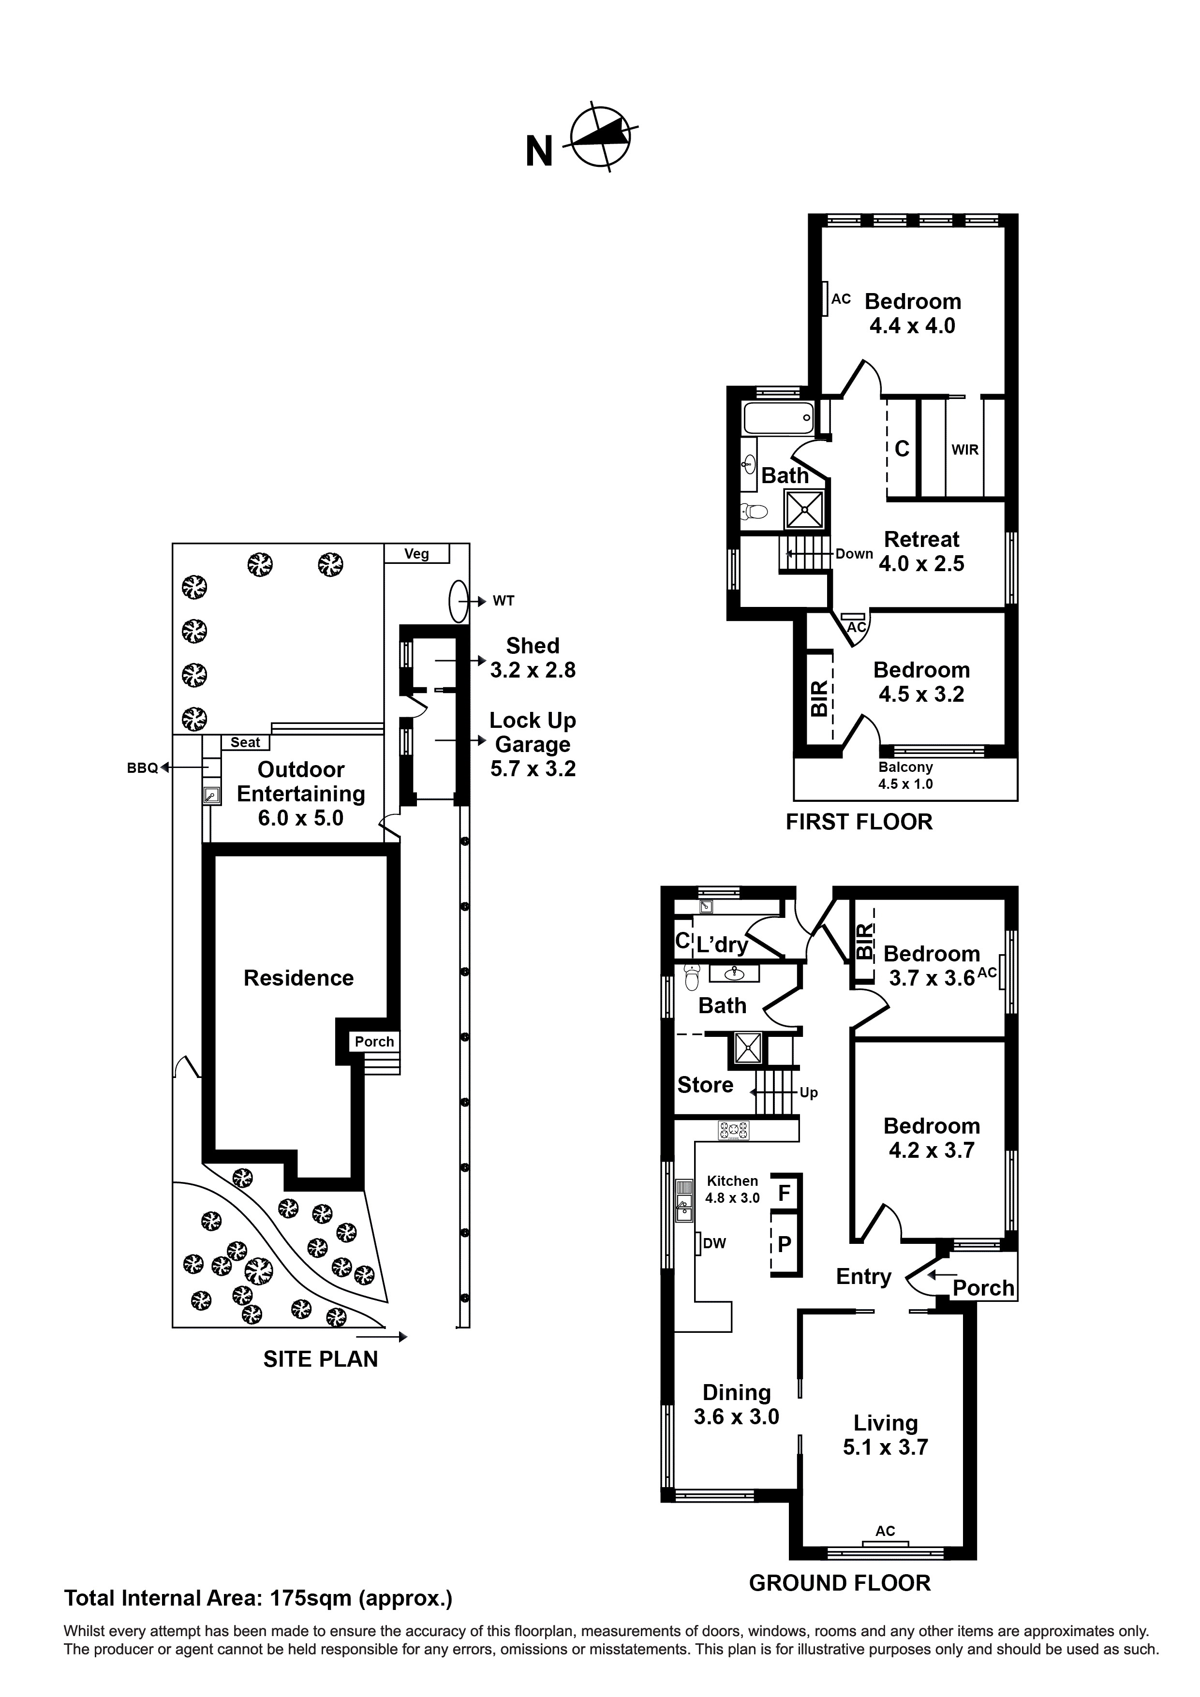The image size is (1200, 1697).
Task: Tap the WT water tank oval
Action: coord(459,601)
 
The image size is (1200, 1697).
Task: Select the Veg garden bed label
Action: coord(416,554)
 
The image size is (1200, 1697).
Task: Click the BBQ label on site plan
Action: coord(142,768)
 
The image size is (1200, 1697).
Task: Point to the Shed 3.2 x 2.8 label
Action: coord(533,657)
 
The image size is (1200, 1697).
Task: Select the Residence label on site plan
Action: coord(299,978)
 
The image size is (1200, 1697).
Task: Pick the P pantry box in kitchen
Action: coord(785,1244)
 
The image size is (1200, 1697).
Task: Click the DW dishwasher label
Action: coord(713,1243)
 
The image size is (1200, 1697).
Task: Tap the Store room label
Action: coord(705,1085)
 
